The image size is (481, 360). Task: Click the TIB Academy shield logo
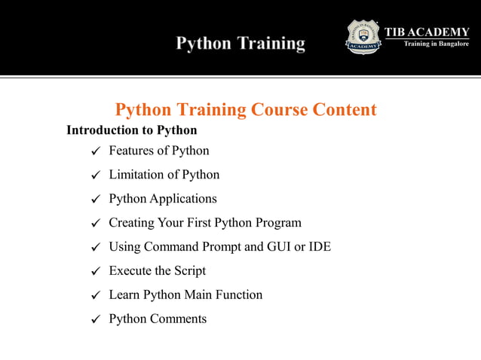pyautogui.click(x=364, y=37)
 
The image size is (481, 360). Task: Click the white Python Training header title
pyautogui.click(x=240, y=44)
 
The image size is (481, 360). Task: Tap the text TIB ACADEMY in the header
pyautogui.click(x=427, y=31)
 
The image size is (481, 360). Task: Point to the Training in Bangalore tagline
pyautogui.click(x=436, y=44)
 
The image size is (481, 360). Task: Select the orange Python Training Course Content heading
pyautogui.click(x=246, y=110)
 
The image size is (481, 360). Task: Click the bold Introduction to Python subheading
pyautogui.click(x=131, y=130)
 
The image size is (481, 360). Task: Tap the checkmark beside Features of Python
pyautogui.click(x=95, y=151)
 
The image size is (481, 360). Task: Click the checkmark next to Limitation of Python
pyautogui.click(x=95, y=175)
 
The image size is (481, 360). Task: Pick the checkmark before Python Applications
pyautogui.click(x=95, y=200)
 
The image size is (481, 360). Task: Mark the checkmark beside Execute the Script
pyautogui.click(x=95, y=271)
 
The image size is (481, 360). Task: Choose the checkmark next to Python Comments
pyautogui.click(x=95, y=319)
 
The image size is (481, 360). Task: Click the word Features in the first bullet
pyautogui.click(x=132, y=151)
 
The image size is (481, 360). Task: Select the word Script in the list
pyautogui.click(x=188, y=271)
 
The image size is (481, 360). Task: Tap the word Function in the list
pyautogui.click(x=238, y=294)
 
